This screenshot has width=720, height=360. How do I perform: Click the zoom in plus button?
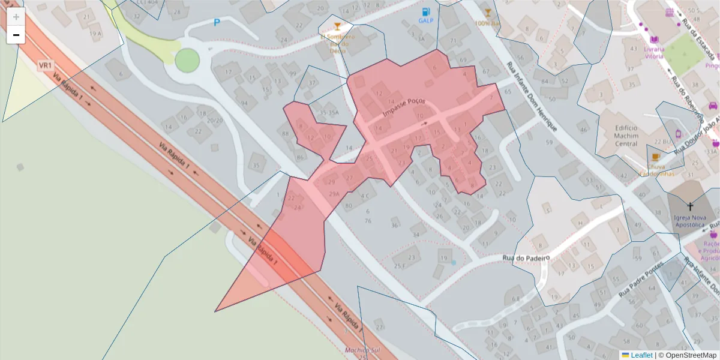pyautogui.click(x=16, y=17)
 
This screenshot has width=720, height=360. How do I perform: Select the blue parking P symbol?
pyautogui.click(x=217, y=23)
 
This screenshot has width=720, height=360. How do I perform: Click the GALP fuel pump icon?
pyautogui.click(x=426, y=11)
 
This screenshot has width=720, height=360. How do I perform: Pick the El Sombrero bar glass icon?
pyautogui.click(x=337, y=26)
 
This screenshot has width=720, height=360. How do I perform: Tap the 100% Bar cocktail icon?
pyautogui.click(x=487, y=13)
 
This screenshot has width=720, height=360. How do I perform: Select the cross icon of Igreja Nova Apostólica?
pyautogui.click(x=689, y=206)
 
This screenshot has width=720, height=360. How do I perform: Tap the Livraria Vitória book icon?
pyautogui.click(x=653, y=39)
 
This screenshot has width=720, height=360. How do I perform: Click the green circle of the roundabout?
pyautogui.click(x=187, y=60)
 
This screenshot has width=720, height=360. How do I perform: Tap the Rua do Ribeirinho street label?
pyautogui.click(x=686, y=92)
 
